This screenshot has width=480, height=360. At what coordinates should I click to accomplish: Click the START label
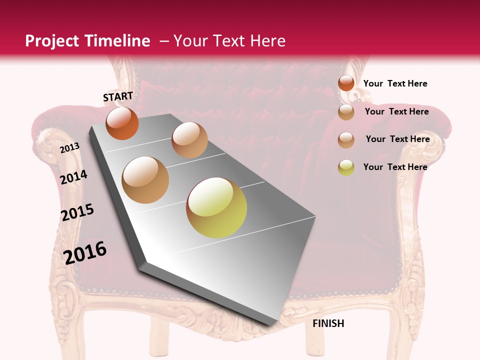(118, 96)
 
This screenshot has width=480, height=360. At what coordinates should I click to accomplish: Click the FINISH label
(328, 323)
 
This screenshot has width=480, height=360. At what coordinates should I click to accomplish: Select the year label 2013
(69, 147)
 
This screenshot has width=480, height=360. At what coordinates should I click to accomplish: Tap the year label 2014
(73, 177)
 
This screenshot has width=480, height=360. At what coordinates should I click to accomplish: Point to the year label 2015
(77, 212)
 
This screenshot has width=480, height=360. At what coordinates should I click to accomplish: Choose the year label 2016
(85, 252)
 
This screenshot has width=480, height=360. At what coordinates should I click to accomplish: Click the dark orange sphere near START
(122, 123)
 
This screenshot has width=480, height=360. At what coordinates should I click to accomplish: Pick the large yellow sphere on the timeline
(216, 207)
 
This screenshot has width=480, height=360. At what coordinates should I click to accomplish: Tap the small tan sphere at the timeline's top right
(189, 140)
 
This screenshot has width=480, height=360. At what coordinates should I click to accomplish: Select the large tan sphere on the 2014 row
(145, 180)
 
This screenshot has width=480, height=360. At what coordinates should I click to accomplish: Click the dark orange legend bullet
(346, 83)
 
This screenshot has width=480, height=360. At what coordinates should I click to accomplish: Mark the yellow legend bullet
(346, 167)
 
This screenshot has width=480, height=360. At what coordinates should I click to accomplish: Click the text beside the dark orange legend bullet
(395, 83)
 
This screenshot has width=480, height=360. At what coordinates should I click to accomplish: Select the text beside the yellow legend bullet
(395, 167)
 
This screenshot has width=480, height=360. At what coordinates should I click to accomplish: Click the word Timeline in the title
(117, 41)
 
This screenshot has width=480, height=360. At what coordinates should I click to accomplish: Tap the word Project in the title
(52, 41)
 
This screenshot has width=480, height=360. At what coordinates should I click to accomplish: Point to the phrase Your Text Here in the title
(229, 41)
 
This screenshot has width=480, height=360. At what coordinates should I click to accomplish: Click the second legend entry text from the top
(396, 111)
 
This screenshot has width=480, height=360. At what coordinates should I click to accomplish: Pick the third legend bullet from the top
(346, 140)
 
